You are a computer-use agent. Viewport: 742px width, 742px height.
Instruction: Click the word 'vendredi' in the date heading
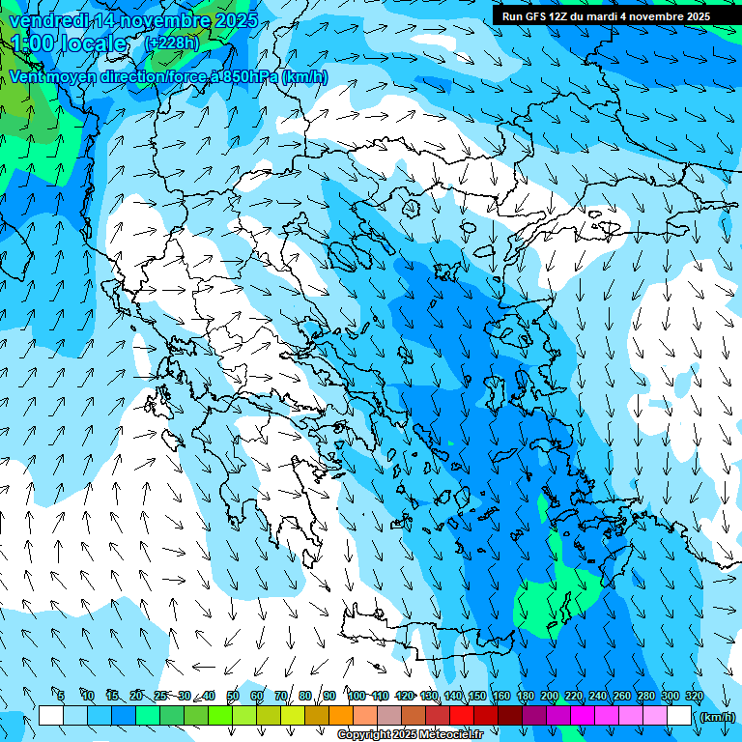[45, 20]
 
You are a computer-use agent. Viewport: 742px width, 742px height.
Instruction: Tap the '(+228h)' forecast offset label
[173, 43]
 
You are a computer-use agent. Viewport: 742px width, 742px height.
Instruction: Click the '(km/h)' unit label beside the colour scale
[717, 716]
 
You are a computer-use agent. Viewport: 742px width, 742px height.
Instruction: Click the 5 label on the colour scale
[60, 696]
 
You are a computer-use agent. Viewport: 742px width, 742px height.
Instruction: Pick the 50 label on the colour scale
[233, 696]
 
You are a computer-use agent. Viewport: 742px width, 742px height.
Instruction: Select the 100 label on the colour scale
[356, 696]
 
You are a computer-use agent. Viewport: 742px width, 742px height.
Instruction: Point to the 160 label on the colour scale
[500, 696]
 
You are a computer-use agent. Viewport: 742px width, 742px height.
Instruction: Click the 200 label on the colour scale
[550, 696]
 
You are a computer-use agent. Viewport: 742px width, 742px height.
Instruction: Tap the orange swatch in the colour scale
[341, 716]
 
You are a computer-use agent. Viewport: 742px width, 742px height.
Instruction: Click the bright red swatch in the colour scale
[462, 716]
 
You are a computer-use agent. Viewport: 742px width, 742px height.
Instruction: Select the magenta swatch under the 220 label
[583, 716]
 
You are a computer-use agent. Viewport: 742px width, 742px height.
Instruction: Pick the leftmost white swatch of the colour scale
[51, 716]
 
